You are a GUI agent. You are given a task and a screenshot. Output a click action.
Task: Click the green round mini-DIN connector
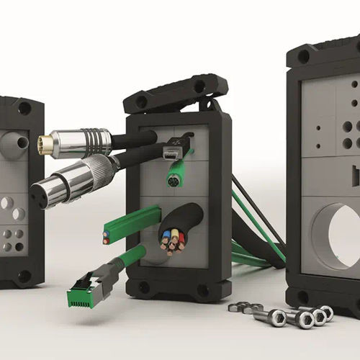(173, 180)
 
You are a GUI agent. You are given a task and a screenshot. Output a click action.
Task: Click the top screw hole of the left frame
(24, 109)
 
